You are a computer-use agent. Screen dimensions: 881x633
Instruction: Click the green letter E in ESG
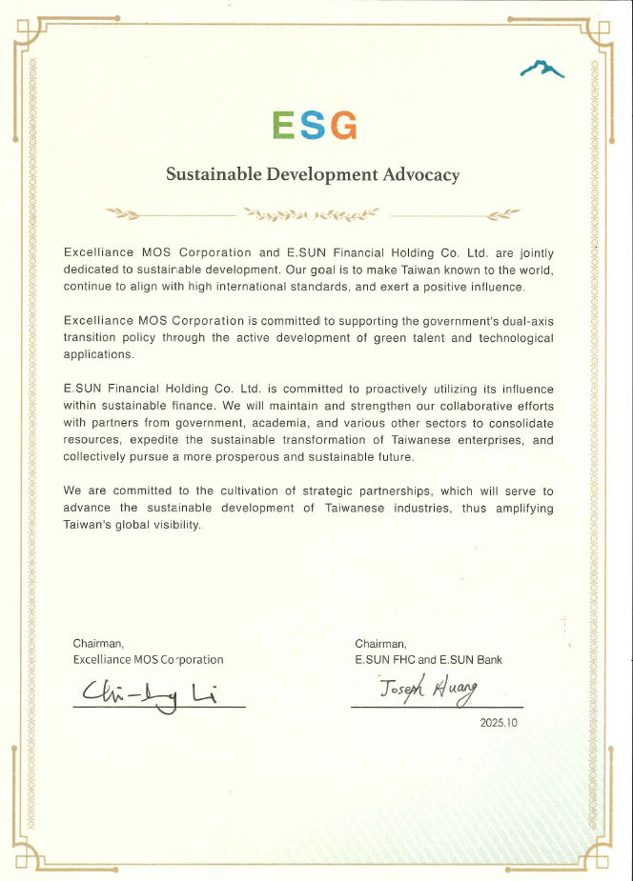tap(284, 125)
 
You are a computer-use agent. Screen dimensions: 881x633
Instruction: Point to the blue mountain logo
tap(541, 68)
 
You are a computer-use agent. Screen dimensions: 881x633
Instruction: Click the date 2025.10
tap(498, 723)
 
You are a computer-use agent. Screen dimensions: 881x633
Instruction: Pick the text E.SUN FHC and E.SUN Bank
tap(428, 659)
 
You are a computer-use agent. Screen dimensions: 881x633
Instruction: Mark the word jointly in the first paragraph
tap(534, 253)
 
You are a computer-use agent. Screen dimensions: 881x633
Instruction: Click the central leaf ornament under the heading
tap(312, 212)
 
